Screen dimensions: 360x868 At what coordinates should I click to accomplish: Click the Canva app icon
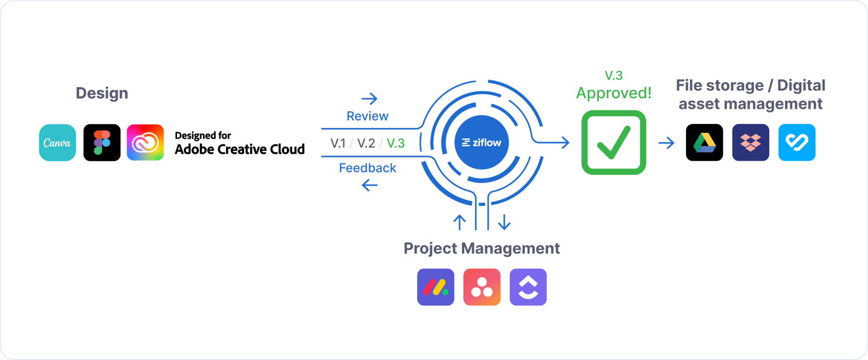(57, 143)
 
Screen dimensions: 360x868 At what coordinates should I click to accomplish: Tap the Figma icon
(102, 143)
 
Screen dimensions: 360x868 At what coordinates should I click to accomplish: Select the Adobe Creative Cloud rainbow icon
(145, 143)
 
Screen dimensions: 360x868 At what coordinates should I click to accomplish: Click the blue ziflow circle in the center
(481, 143)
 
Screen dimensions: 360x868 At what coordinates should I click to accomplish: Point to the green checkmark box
(614, 143)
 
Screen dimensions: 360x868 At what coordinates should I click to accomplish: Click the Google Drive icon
(704, 143)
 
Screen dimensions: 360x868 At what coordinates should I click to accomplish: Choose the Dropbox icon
(751, 143)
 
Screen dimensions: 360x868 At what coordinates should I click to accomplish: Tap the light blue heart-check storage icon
(797, 143)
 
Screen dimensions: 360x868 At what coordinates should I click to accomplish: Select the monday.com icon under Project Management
(435, 287)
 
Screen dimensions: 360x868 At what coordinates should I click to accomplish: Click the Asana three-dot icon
(482, 287)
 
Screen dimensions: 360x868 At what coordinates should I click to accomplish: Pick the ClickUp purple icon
(528, 287)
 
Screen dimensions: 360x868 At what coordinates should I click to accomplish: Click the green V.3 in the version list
(396, 143)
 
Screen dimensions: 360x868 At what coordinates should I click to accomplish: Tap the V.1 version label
(338, 143)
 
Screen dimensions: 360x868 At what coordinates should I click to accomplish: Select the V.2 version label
(366, 143)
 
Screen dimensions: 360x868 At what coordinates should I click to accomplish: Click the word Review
(367, 116)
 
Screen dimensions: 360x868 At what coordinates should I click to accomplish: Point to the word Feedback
(367, 168)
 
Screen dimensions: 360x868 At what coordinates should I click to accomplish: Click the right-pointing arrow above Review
(370, 99)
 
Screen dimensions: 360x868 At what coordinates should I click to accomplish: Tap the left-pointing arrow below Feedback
(370, 185)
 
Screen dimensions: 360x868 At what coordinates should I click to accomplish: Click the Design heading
(102, 93)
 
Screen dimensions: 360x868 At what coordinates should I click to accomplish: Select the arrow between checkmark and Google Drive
(666, 143)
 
